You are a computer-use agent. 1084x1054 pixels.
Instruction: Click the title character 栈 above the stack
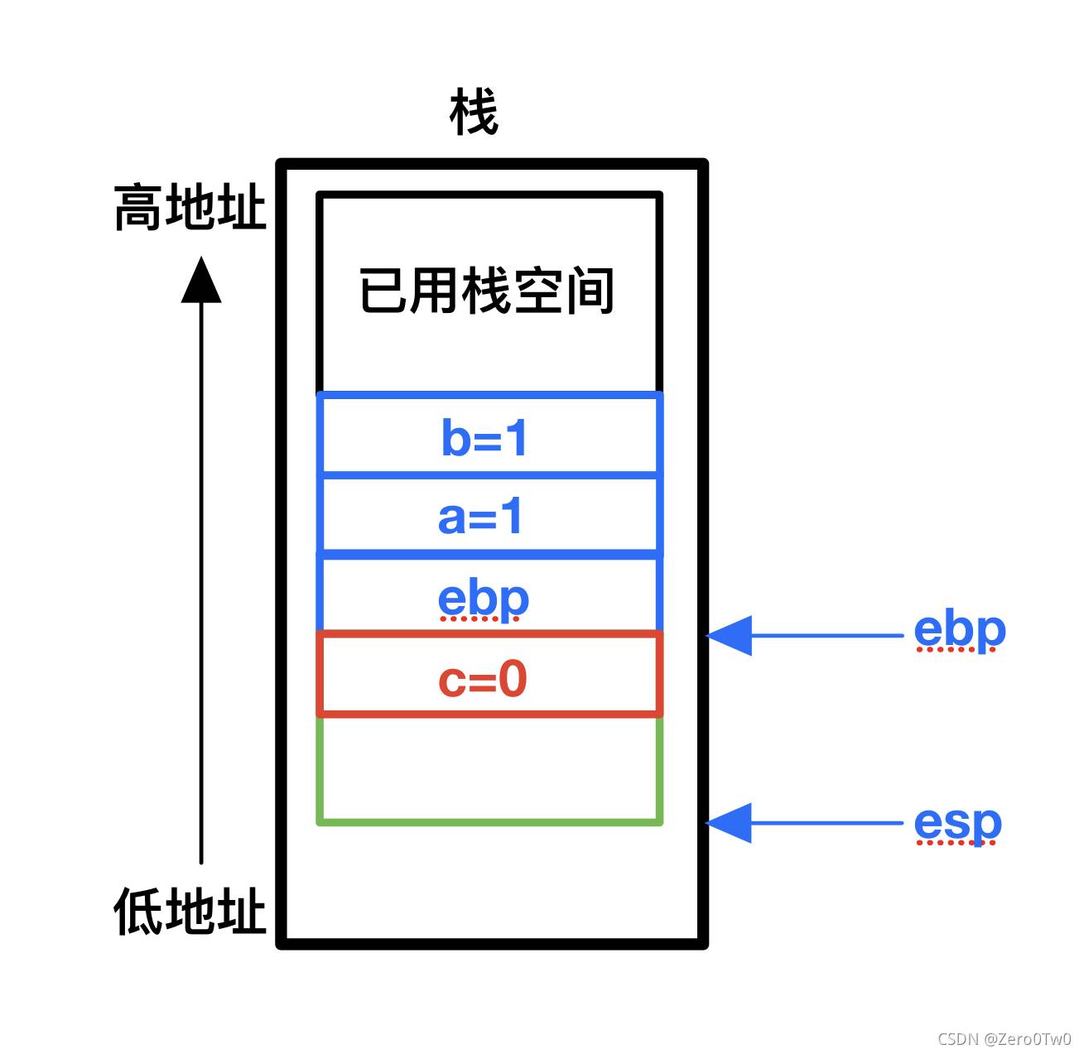[x=474, y=112]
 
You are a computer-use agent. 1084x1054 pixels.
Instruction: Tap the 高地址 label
[x=190, y=207]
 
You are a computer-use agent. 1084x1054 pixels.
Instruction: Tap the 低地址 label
[x=190, y=911]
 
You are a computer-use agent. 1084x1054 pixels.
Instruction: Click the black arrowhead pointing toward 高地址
[x=201, y=280]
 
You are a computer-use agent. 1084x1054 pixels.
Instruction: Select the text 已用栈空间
[x=486, y=291]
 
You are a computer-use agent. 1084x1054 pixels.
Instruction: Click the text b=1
[x=484, y=438]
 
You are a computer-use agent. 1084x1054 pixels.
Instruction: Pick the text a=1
[x=480, y=517]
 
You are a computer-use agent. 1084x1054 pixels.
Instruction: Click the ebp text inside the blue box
[x=483, y=599]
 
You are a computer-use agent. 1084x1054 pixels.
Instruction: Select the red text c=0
[x=483, y=679]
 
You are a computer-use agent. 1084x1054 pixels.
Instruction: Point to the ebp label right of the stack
[x=960, y=631]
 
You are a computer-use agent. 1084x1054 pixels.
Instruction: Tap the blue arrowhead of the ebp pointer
[x=729, y=636]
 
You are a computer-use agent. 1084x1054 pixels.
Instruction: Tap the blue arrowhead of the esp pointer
[x=729, y=823]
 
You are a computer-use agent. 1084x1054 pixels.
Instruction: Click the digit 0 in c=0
[x=513, y=679]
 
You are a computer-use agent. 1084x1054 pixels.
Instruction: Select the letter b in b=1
[x=455, y=438]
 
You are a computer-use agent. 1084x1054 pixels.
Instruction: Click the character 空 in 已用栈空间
[x=537, y=291]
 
